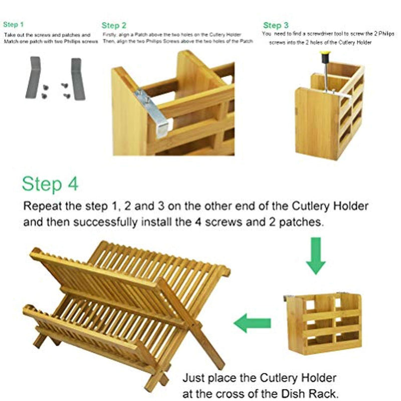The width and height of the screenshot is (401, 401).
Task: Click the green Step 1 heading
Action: coord(14,24)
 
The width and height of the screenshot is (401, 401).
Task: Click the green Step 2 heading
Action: coord(114,25)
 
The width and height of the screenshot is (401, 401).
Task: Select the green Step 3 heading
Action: coord(276,25)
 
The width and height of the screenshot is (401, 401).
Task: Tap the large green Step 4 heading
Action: coord(50,184)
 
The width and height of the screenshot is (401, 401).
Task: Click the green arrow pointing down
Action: coord(315,256)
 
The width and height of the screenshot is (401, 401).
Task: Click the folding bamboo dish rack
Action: coord(125,311)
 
